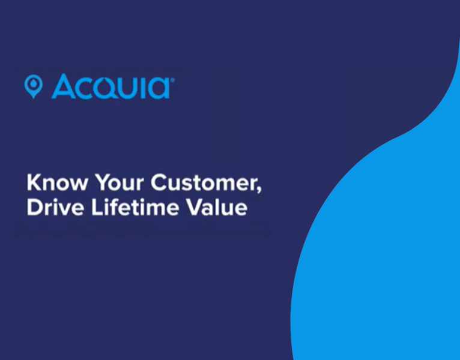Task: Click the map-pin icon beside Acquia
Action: pyautogui.click(x=33, y=86)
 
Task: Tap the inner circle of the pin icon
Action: pyautogui.click(x=33, y=83)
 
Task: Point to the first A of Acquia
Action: pyautogui.click(x=63, y=86)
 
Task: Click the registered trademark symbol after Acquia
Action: pyautogui.click(x=173, y=78)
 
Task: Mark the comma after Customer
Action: pyautogui.click(x=259, y=188)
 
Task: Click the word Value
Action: pyautogui.click(x=216, y=208)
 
